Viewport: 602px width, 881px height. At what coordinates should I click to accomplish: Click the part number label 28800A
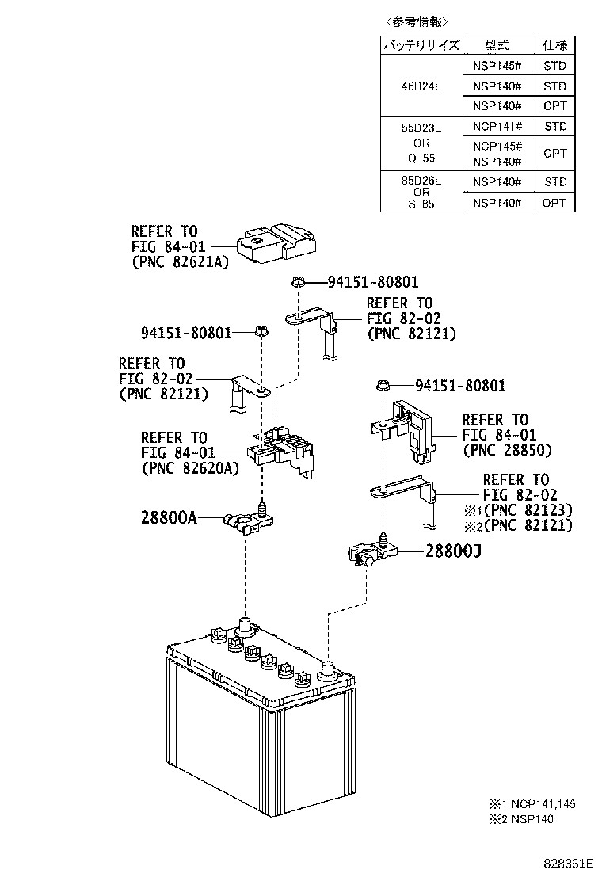[x=169, y=517]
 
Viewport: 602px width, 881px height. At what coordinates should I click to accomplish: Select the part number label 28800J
[x=453, y=551]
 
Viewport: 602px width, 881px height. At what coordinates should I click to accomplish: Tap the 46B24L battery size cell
[x=421, y=86]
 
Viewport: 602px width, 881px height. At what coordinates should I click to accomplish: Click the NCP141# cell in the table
[x=497, y=127]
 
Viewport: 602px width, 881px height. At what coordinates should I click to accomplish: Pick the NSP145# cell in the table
[x=497, y=66]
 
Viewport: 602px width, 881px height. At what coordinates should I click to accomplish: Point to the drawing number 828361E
[x=568, y=863]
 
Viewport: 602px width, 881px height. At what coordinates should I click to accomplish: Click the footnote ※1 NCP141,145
[x=532, y=804]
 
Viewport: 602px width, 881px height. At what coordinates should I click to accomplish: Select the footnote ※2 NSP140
[x=521, y=819]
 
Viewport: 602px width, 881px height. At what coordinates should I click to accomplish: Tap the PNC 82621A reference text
[x=181, y=261]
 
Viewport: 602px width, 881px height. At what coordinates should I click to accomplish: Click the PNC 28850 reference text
[x=508, y=450]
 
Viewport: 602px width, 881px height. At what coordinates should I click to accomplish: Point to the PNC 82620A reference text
[x=190, y=468]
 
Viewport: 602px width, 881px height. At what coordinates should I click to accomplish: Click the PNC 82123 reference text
[x=528, y=510]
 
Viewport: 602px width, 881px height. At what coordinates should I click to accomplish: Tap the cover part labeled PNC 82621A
[x=276, y=243]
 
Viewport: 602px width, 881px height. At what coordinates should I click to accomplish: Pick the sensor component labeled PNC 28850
[x=404, y=430]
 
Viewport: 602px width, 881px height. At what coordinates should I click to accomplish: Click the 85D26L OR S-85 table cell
[x=421, y=192]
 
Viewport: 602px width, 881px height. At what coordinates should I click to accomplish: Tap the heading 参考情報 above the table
[x=417, y=21]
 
